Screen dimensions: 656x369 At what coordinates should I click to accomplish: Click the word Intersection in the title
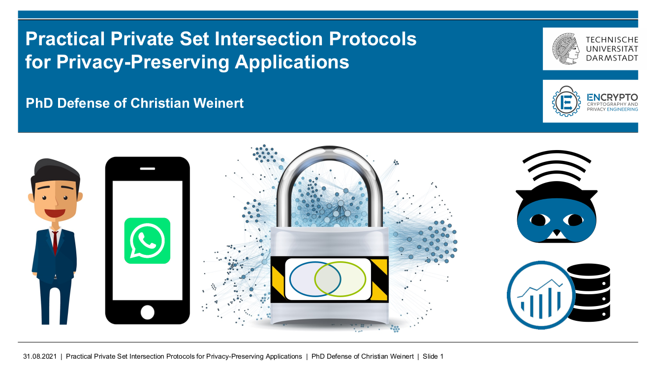269,39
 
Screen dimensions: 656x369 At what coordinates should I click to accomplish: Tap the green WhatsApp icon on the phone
147,241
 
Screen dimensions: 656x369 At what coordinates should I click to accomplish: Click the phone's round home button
147,312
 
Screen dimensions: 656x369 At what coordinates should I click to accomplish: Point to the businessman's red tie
55,242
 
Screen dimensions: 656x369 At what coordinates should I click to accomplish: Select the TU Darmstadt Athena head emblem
566,49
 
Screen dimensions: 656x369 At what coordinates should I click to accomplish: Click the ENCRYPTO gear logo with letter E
566,101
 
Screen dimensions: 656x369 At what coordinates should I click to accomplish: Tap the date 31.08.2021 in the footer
40,356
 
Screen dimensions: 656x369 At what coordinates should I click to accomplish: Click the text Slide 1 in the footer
433,356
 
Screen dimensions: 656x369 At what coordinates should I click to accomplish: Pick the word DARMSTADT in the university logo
612,58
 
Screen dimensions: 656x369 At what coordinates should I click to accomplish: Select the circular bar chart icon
541,295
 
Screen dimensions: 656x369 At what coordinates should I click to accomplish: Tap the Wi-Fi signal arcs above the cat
557,165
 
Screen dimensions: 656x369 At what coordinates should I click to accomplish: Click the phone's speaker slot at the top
147,169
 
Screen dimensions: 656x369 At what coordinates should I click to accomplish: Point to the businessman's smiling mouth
55,213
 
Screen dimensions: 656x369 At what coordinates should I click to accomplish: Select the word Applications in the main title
292,62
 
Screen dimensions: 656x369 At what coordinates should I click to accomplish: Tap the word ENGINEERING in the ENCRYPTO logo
623,110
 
